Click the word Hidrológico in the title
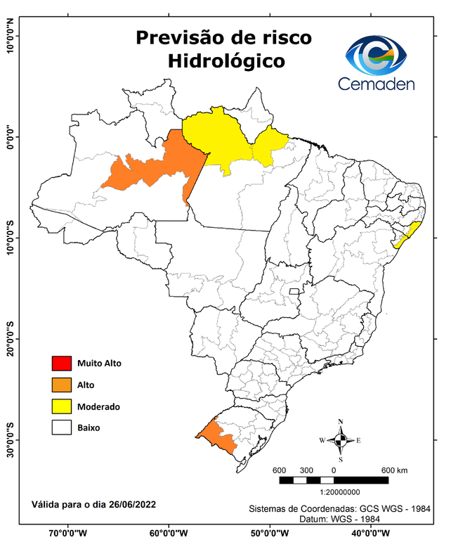[x=226, y=61]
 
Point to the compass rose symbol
[x=341, y=441]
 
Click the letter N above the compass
[x=341, y=422]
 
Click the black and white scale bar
[x=334, y=480]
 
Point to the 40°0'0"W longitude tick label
[x=372, y=533]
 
